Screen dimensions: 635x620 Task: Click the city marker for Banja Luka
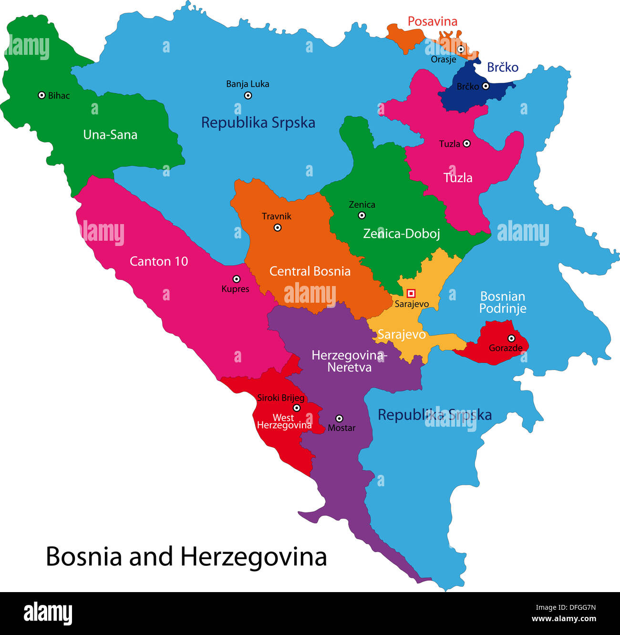point(248,95)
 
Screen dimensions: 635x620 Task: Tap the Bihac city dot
point(41,95)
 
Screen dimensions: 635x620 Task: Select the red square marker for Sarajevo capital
point(411,293)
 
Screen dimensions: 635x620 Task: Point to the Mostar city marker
point(339,419)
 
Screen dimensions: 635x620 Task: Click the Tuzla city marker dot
point(466,143)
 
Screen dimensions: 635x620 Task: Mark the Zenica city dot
point(362,215)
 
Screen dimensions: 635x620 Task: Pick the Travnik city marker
point(278,227)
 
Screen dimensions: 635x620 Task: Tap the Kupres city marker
point(236,279)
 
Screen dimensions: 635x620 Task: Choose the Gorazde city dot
point(511,338)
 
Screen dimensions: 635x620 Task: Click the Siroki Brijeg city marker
point(297,408)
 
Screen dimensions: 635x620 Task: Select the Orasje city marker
point(461,49)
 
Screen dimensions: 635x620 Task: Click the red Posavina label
point(432,21)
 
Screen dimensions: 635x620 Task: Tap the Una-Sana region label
point(110,135)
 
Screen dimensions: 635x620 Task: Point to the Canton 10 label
point(159,261)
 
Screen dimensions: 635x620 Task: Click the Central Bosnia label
point(310,271)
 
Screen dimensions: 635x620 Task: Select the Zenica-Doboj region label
point(402,234)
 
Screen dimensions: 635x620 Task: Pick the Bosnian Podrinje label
point(503,302)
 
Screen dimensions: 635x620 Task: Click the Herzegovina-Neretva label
point(349,361)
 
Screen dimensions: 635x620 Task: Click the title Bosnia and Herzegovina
point(186,556)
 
